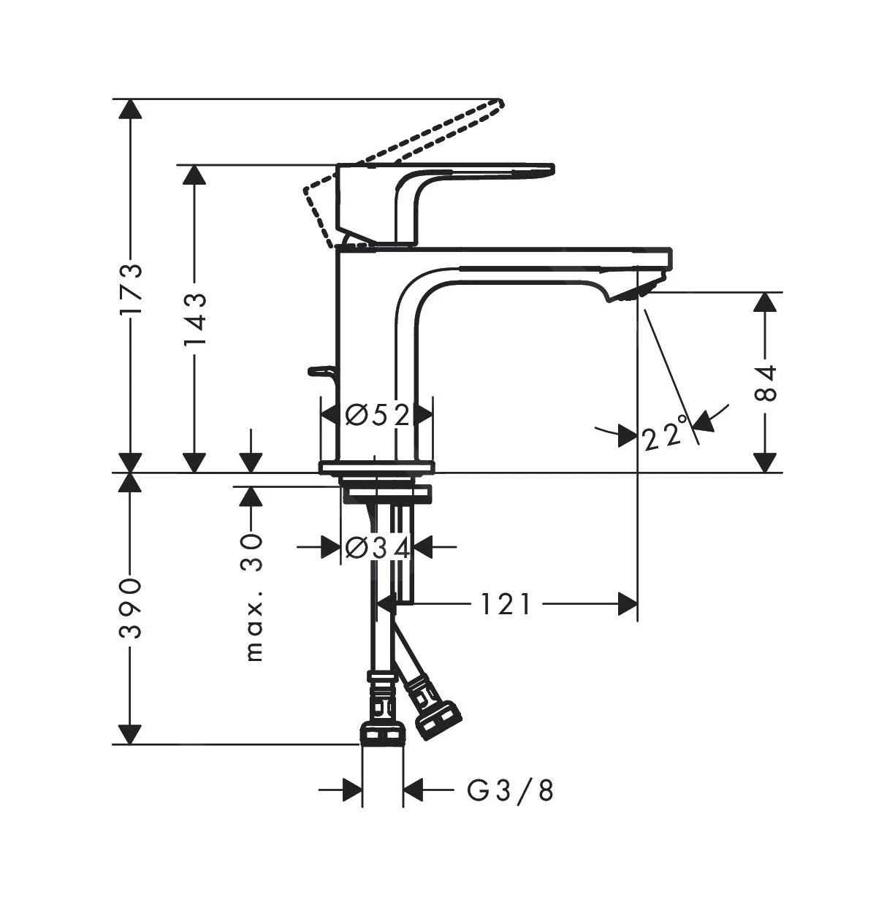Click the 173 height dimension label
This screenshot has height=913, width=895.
[x=131, y=289]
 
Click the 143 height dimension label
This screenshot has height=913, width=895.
[x=194, y=321]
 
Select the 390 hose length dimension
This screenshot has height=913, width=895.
[x=131, y=608]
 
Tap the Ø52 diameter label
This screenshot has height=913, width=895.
[x=377, y=416]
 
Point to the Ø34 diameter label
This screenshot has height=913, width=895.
[x=377, y=547]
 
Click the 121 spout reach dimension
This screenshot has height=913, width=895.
[x=505, y=604]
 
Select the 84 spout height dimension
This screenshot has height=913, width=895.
[x=765, y=383]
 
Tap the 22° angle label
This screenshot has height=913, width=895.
[x=665, y=435]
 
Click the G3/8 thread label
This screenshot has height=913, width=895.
[x=510, y=790]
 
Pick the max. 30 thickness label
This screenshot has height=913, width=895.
[x=252, y=597]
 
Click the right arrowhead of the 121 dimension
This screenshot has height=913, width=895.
[x=628, y=604]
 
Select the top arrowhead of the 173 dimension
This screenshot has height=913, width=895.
[x=131, y=109]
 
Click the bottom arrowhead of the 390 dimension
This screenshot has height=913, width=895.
[x=131, y=734]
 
